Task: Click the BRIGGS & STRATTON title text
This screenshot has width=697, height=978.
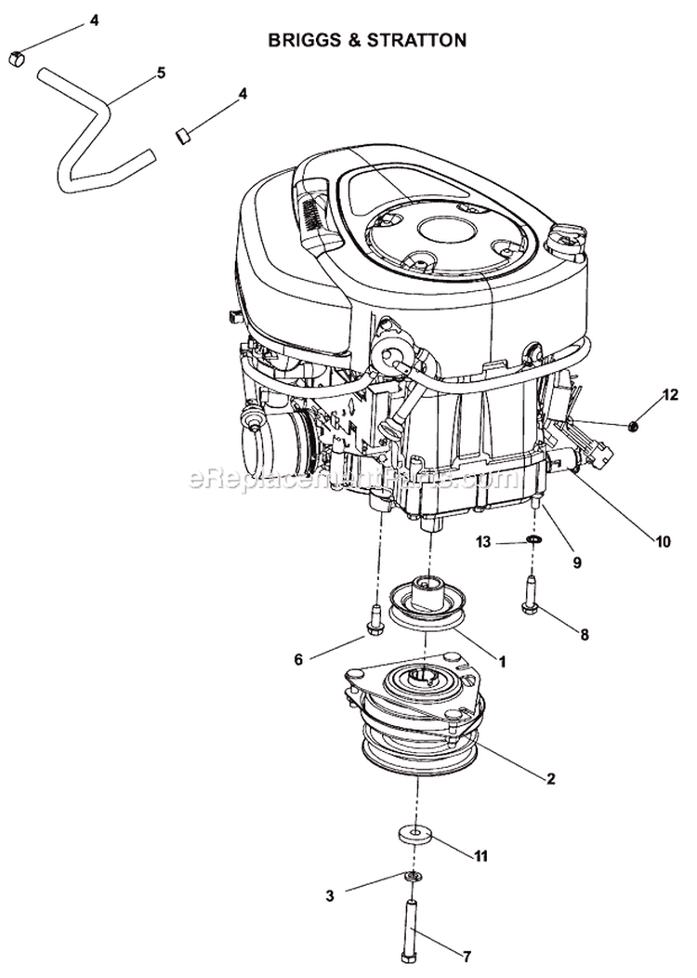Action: tap(366, 40)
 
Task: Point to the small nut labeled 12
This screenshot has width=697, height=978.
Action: tap(633, 426)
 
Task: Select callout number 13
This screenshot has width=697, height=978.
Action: tap(483, 541)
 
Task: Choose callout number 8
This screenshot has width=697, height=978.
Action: tap(584, 636)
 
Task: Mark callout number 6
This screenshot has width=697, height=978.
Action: tap(298, 659)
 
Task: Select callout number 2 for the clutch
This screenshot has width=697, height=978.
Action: tap(551, 778)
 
